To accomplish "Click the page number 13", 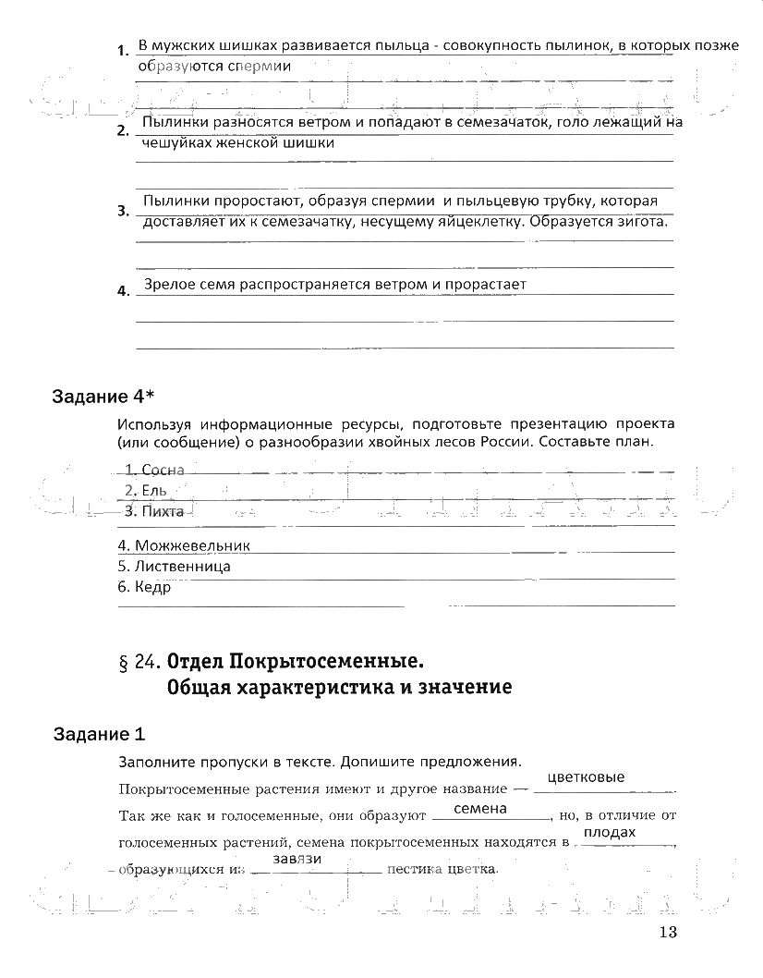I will (669, 932).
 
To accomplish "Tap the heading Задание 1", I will (99, 735).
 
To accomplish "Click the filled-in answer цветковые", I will (586, 777).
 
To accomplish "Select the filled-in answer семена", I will (480, 808).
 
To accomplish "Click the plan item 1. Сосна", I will (154, 471).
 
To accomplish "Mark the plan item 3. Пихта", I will (153, 510).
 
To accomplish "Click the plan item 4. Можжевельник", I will (184, 546).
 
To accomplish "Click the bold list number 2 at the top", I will (122, 131).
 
